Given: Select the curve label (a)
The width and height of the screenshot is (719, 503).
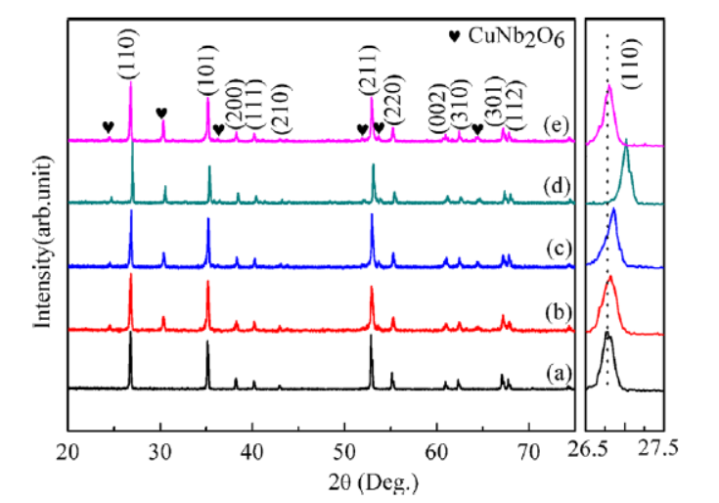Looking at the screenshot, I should pyautogui.click(x=554, y=373).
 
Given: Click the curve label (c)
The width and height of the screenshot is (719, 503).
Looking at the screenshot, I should pyautogui.click(x=554, y=248).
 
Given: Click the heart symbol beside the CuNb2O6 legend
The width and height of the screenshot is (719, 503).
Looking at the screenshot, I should pyautogui.click(x=454, y=37).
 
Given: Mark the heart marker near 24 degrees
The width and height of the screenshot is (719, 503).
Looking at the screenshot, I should pyautogui.click(x=108, y=127).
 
